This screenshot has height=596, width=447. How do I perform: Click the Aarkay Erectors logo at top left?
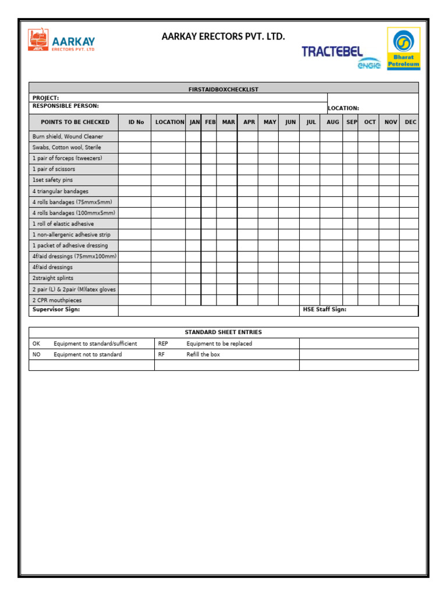click(x=61, y=41)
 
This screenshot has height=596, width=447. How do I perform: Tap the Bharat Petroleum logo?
click(x=403, y=48)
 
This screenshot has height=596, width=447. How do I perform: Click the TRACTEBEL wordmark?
click(x=332, y=52)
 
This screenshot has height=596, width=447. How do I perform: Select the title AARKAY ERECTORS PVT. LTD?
click(x=223, y=37)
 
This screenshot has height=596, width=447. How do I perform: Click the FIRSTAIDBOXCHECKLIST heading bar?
click(x=223, y=89)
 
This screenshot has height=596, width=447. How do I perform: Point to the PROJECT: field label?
click(x=45, y=98)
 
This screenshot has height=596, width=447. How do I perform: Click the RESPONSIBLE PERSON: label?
click(x=65, y=106)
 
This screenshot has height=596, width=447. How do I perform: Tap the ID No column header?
click(x=136, y=122)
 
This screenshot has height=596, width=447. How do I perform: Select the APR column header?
click(x=249, y=122)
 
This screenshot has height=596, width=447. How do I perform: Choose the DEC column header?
click(x=410, y=122)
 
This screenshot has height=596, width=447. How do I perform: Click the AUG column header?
click(x=332, y=122)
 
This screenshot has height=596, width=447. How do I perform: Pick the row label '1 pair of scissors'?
click(x=54, y=169)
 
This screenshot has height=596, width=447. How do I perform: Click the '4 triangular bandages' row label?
click(x=60, y=191)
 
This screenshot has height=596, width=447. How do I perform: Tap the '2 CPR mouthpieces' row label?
click(x=57, y=300)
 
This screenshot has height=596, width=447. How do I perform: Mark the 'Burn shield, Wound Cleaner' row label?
click(x=68, y=136)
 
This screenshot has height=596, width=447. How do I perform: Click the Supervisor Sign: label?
click(x=56, y=310)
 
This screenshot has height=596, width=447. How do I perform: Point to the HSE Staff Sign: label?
click(x=324, y=310)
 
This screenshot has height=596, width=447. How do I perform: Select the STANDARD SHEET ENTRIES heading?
click(x=223, y=332)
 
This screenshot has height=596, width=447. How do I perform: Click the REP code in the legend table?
click(x=163, y=343)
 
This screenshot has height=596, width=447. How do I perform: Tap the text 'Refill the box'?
click(x=203, y=354)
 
